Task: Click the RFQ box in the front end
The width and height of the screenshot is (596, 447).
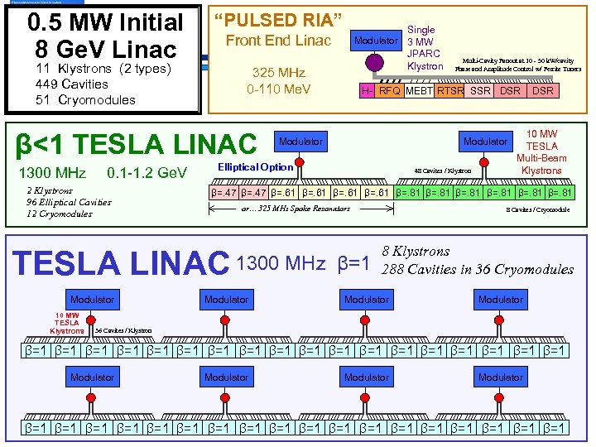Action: tap(389, 91)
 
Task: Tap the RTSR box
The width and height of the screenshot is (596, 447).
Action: tap(449, 91)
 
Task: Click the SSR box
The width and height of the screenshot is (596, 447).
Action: tap(480, 91)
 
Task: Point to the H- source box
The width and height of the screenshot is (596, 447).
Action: tap(368, 91)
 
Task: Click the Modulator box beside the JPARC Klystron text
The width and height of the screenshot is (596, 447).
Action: tap(376, 41)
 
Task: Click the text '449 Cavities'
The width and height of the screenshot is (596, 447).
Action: tap(72, 84)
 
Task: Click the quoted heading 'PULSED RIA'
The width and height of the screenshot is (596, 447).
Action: tap(278, 19)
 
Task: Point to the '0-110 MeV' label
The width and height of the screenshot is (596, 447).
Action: tap(279, 89)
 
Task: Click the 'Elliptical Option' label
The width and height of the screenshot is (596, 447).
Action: tap(255, 167)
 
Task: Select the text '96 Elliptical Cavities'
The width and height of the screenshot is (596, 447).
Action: tap(69, 202)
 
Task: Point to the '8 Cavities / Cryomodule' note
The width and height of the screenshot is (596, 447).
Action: tap(537, 209)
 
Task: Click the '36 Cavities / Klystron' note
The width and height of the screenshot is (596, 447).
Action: tap(123, 330)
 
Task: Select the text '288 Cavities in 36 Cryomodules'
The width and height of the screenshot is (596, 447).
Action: tap(477, 269)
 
